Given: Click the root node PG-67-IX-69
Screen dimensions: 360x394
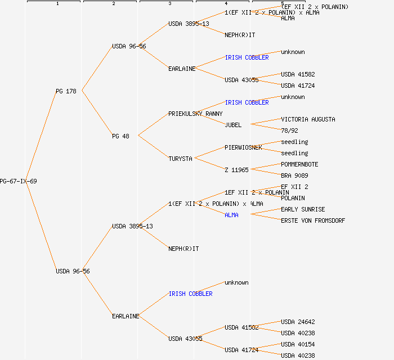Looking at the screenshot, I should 18,181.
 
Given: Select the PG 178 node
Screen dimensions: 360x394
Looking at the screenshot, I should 66,91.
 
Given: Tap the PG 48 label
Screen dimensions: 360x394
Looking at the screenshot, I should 120,136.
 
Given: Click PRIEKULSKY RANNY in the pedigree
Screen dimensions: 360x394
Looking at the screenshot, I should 195,114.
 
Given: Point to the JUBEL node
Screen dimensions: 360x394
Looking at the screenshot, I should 233,125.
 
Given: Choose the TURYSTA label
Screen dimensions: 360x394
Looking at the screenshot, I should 180,159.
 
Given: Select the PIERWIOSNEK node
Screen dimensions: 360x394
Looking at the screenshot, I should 243,147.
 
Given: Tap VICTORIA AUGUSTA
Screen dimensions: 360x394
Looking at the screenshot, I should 308,119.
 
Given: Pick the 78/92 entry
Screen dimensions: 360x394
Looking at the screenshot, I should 289,130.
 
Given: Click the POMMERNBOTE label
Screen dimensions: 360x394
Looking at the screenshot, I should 299,164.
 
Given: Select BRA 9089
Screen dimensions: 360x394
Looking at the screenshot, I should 294,175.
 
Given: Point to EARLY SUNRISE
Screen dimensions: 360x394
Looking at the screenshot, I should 303,209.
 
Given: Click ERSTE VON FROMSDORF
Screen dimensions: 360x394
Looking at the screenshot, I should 313,220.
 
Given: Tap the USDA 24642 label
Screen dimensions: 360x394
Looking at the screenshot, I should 298,322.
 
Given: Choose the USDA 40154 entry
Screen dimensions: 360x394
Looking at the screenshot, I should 298,344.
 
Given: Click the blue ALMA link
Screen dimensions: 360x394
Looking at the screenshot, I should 231,215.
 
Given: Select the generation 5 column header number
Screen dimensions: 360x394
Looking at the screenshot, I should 282,4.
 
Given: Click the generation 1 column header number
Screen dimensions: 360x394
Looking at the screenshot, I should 57,4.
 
